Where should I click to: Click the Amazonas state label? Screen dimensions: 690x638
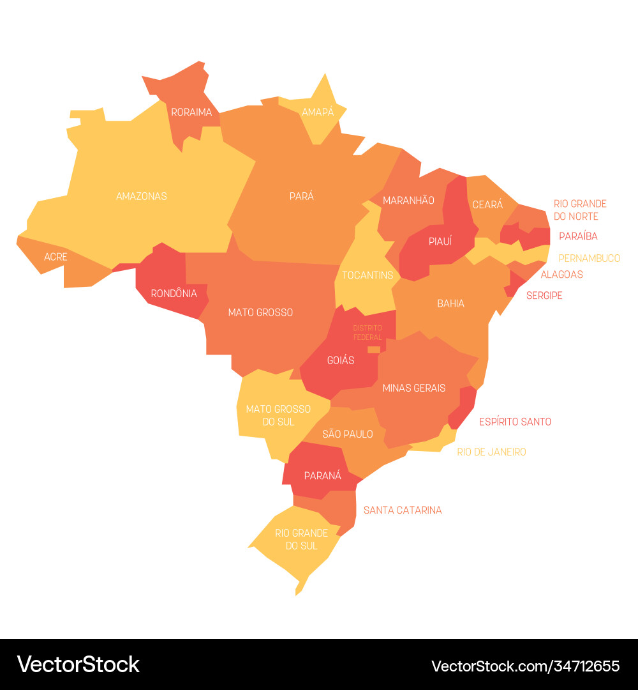click(141, 196)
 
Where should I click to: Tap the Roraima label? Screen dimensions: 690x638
click(191, 112)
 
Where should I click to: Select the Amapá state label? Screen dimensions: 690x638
click(318, 112)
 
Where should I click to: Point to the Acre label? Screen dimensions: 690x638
click(56, 257)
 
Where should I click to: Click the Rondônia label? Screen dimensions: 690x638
click(174, 294)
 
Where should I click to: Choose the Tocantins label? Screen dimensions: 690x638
click(367, 275)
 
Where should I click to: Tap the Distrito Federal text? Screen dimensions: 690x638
click(367, 332)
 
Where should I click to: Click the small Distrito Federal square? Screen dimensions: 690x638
click(374, 349)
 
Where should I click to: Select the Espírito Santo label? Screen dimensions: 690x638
click(515, 422)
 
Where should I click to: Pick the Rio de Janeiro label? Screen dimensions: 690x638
click(491, 452)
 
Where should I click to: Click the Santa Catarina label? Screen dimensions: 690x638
click(403, 510)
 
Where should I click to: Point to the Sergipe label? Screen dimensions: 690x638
click(544, 296)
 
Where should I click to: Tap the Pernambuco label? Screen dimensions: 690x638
click(589, 258)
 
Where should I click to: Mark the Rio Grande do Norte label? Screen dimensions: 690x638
click(580, 210)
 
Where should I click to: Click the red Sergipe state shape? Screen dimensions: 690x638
click(513, 284)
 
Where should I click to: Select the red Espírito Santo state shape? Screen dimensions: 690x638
click(464, 406)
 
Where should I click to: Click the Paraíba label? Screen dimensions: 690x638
click(578, 236)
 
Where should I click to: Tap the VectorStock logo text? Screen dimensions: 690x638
click(78, 664)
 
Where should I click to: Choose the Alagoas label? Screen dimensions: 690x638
click(561, 275)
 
